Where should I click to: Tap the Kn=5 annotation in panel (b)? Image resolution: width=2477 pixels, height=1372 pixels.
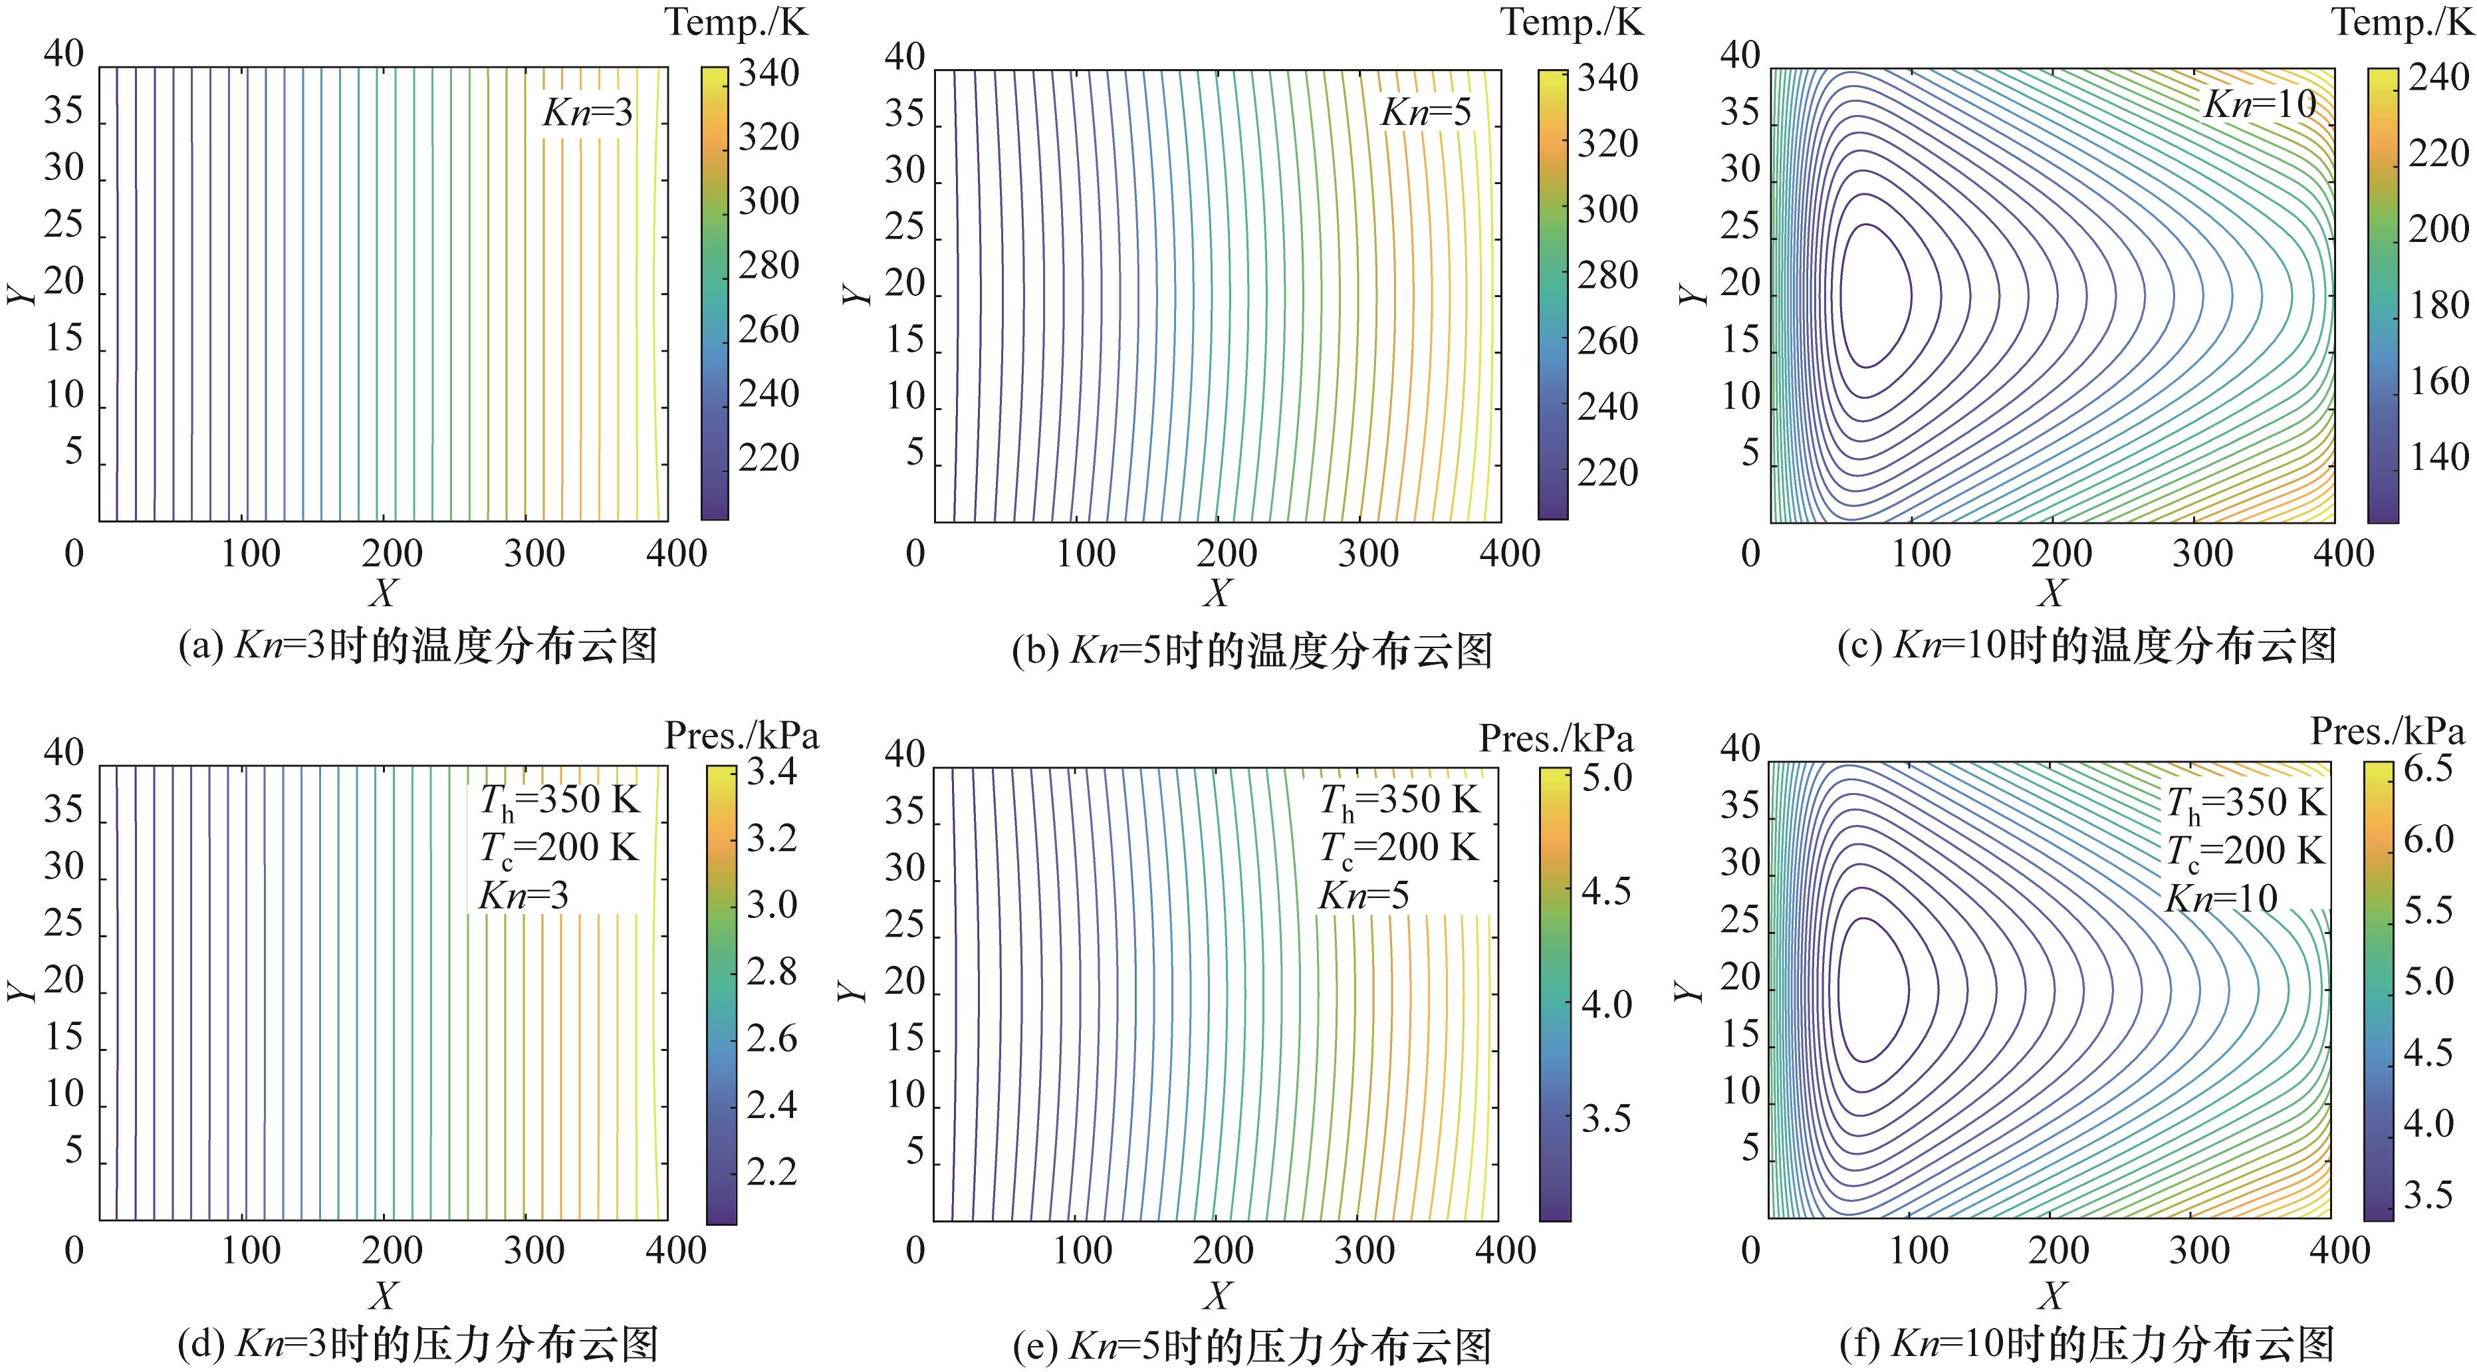pyautogui.click(x=1425, y=114)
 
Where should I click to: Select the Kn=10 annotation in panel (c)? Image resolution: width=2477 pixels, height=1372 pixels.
pyautogui.click(x=2260, y=104)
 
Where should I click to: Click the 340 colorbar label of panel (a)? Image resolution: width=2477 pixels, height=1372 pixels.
pyautogui.click(x=768, y=74)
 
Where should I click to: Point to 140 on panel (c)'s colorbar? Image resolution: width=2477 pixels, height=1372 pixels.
pyautogui.click(x=2438, y=457)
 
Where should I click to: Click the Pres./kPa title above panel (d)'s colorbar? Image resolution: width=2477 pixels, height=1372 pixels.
pyautogui.click(x=741, y=737)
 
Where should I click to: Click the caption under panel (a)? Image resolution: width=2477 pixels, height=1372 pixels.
pyautogui.click(x=418, y=646)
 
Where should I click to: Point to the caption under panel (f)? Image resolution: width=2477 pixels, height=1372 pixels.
pyautogui.click(x=2087, y=1344)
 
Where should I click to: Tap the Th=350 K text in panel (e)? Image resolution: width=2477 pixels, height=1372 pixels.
pyautogui.click(x=1399, y=800)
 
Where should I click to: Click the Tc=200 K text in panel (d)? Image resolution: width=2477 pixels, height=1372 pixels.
pyautogui.click(x=558, y=848)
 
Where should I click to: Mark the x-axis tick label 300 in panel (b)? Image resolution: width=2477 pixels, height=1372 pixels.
pyautogui.click(x=1368, y=554)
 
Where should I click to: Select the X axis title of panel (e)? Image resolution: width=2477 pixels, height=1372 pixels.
pyautogui.click(x=1217, y=1295)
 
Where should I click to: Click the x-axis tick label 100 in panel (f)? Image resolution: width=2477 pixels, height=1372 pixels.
pyautogui.click(x=1919, y=1250)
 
